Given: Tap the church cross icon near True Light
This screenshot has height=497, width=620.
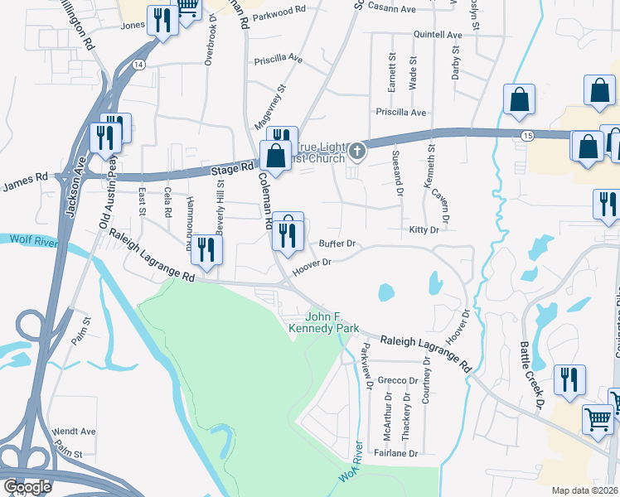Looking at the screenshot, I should point(357,150).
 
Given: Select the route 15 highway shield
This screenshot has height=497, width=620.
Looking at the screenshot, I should point(527,135).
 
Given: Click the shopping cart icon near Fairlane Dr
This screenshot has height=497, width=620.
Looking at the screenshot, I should point(598,418).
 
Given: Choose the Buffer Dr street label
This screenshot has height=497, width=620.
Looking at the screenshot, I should point(337,244).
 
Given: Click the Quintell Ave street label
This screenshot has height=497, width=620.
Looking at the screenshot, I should point(438,36).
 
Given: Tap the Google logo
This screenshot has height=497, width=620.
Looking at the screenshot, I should point(27,486).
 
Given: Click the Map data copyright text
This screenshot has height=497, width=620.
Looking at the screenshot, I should point(584,490).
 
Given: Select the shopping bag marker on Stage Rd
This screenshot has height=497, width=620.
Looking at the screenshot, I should point(274,157).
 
